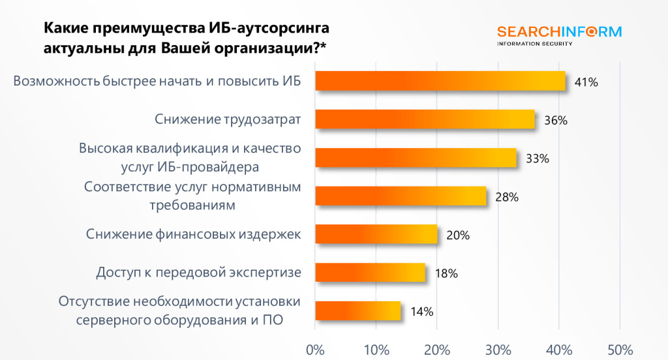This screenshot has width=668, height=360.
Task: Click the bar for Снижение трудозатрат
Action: [x=425, y=119]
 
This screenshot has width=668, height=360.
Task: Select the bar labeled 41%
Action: [x=440, y=81]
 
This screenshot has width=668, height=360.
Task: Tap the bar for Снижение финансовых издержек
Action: [x=376, y=234]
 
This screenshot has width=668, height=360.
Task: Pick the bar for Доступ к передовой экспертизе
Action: [x=370, y=273]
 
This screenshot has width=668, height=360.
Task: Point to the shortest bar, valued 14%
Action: [x=357, y=310]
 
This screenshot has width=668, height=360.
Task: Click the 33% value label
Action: [x=538, y=158]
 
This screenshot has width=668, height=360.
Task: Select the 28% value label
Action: [x=507, y=197]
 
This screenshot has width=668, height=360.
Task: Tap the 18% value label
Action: [x=446, y=274]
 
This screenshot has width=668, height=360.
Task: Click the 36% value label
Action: [x=556, y=121]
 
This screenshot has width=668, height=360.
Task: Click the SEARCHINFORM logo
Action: [x=559, y=32]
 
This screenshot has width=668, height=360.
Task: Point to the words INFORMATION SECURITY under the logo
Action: [x=535, y=44]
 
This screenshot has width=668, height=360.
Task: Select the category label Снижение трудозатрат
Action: [x=228, y=119]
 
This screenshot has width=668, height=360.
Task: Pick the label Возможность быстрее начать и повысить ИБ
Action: [x=157, y=82]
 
